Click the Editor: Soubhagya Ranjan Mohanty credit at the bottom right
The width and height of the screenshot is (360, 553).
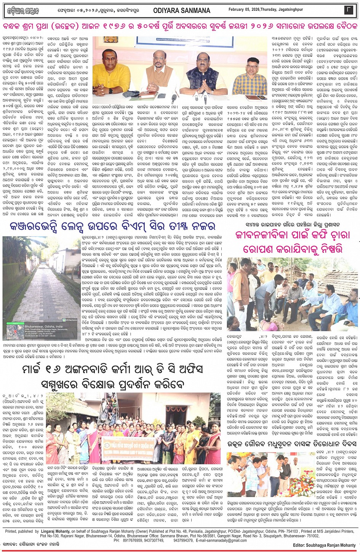(325, 545)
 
